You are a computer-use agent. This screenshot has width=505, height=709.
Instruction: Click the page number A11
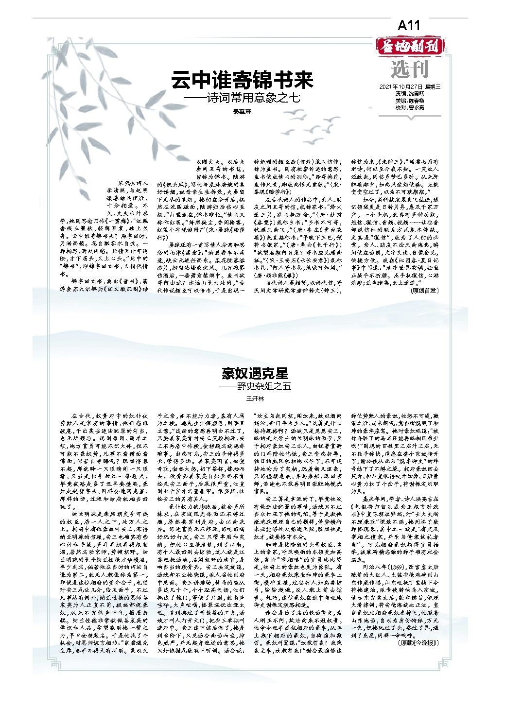408,26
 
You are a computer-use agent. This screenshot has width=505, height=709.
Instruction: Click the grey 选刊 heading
409,69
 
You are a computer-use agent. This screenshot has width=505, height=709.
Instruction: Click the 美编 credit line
409,101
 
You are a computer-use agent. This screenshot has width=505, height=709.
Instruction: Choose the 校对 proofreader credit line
409,107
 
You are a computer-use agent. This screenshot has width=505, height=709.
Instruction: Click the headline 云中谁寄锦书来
242,80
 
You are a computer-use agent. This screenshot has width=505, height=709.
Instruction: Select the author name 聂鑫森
244,112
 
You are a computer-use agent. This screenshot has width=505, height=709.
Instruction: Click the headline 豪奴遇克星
255,373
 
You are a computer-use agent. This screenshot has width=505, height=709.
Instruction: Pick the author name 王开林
255,399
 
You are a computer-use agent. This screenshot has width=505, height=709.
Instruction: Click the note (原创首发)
424,291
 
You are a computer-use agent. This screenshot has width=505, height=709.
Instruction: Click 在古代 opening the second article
80,416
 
